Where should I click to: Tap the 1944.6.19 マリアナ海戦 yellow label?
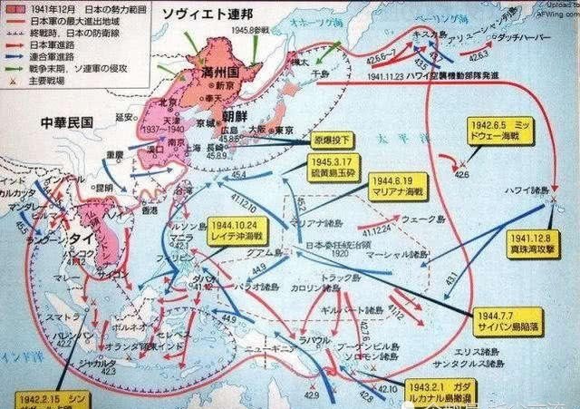[x=396, y=187]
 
